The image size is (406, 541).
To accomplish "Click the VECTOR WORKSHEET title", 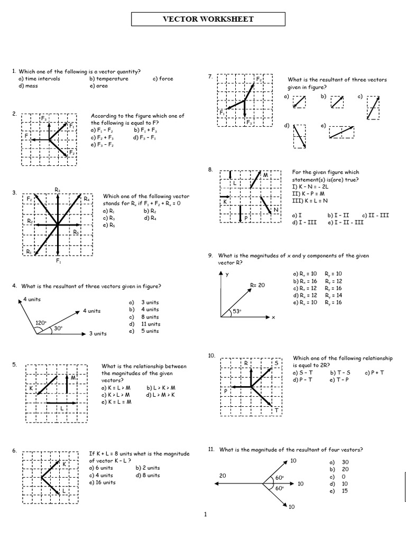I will (x=208, y=20).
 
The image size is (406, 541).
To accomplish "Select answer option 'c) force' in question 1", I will (x=163, y=79).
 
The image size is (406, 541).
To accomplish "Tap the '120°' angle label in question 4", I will (x=41, y=322).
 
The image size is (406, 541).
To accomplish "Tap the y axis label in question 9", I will (x=227, y=275).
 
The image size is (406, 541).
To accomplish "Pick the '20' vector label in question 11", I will (x=223, y=475).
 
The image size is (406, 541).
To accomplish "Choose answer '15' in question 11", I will (x=345, y=491).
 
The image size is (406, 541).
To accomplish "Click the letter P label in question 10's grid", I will (x=226, y=391).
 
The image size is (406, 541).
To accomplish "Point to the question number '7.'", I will (x=210, y=77).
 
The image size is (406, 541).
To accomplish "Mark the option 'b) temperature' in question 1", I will (x=109, y=79).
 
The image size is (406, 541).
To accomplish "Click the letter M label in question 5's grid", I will (x=72, y=378).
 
